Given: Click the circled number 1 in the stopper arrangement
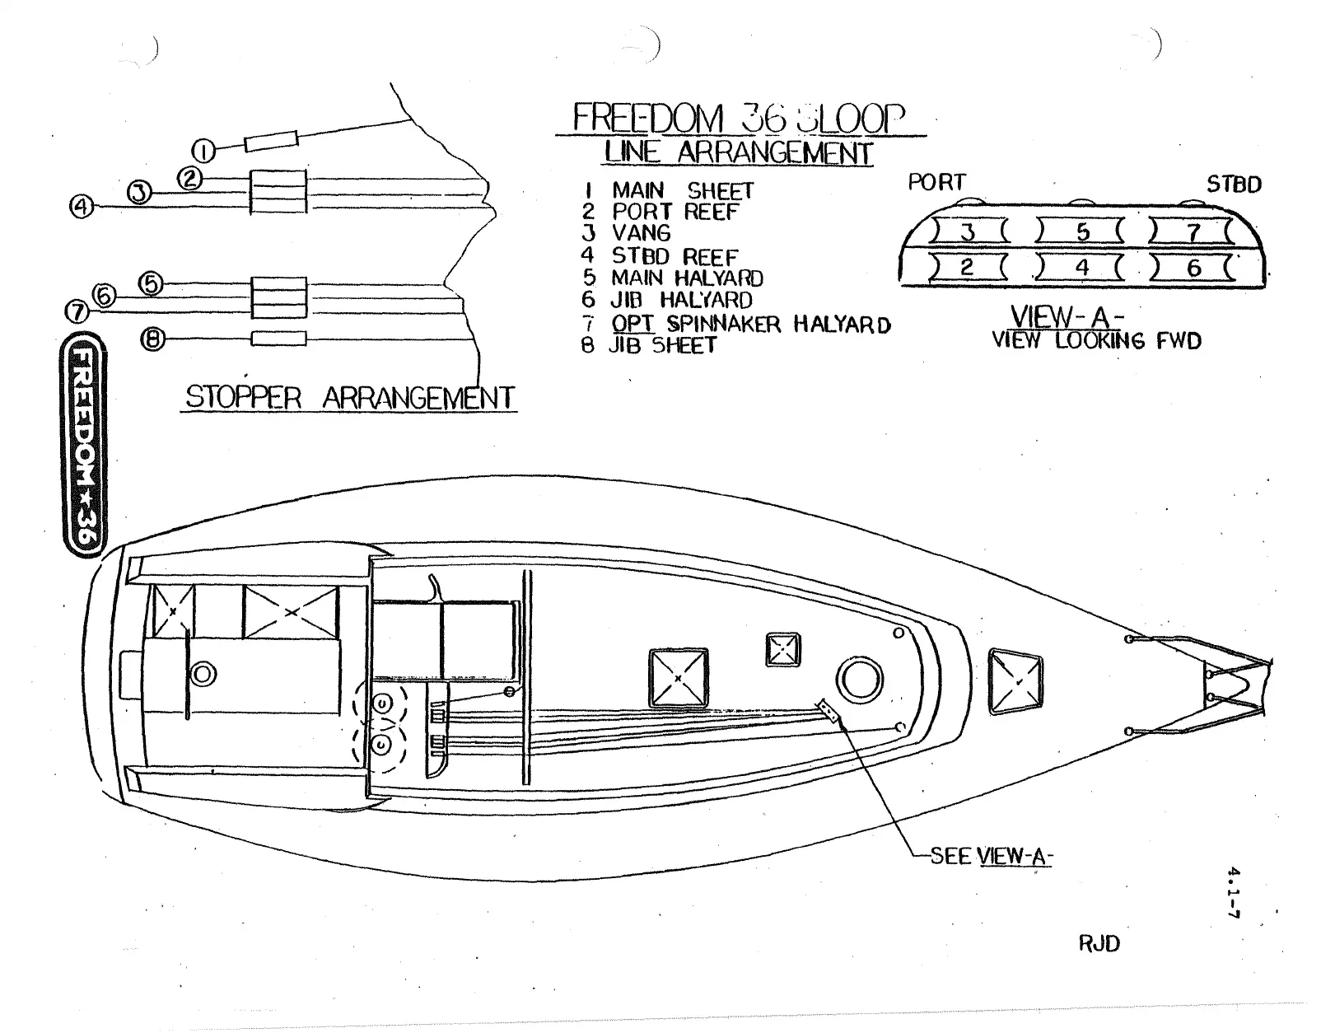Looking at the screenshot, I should tap(204, 151).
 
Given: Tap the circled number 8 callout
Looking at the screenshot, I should tap(152, 339).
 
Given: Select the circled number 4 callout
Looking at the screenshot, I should tap(82, 206).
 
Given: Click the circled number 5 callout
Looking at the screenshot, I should tap(151, 284).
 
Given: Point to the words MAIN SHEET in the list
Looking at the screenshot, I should tap(682, 191).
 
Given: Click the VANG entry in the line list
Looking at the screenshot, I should tap(641, 234).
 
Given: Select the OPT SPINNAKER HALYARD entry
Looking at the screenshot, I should tap(750, 324).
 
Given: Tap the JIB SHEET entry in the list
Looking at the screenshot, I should tap(662, 346).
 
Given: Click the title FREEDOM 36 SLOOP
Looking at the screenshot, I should tap(739, 119).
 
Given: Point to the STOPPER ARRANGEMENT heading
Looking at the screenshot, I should tap(349, 398).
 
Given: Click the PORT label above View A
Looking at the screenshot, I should tap(936, 183).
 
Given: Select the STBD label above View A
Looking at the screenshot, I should tap(1234, 185).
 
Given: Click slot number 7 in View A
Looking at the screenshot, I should tap(1193, 233).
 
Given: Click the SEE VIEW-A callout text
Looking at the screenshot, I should tap(992, 856).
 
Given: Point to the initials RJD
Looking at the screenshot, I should tap(1099, 943).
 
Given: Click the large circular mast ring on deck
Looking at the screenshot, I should tap(859, 681).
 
